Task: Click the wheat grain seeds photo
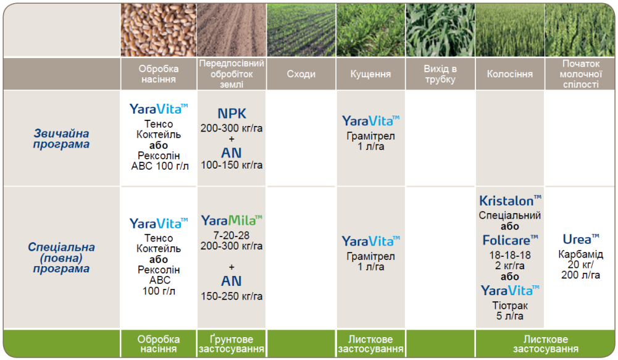(x=159, y=30)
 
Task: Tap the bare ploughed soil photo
(x=232, y=30)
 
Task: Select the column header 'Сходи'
(x=301, y=74)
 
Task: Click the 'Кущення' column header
(x=370, y=74)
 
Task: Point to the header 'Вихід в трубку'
(x=440, y=74)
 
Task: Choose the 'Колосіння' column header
(x=509, y=74)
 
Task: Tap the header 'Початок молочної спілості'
(x=580, y=74)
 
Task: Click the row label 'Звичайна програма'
(x=61, y=139)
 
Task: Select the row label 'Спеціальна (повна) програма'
(x=61, y=258)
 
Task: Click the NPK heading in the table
(x=232, y=114)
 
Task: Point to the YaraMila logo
(x=232, y=220)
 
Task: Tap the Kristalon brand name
(x=510, y=201)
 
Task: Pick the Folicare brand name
(x=510, y=240)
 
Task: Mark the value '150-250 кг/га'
(x=232, y=296)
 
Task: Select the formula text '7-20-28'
(x=232, y=235)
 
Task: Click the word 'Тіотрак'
(x=510, y=306)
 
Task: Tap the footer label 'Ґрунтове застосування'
(x=232, y=344)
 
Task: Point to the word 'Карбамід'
(x=580, y=254)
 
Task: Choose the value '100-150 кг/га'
(x=232, y=165)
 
